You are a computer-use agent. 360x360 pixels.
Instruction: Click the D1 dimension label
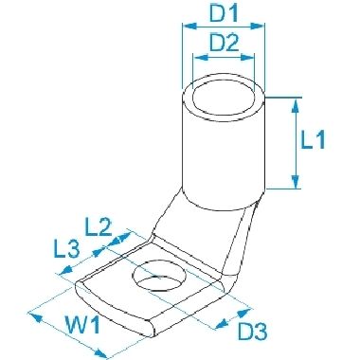pos(225,12)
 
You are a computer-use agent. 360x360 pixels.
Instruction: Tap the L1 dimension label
pos(313,139)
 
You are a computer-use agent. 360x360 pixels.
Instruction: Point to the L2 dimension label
pos(99,227)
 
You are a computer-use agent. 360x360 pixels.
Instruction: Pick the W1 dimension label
pos(82,325)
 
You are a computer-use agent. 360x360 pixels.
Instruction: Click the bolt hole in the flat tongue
pos(160,275)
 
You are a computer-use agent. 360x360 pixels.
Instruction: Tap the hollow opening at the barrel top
pos(224,97)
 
